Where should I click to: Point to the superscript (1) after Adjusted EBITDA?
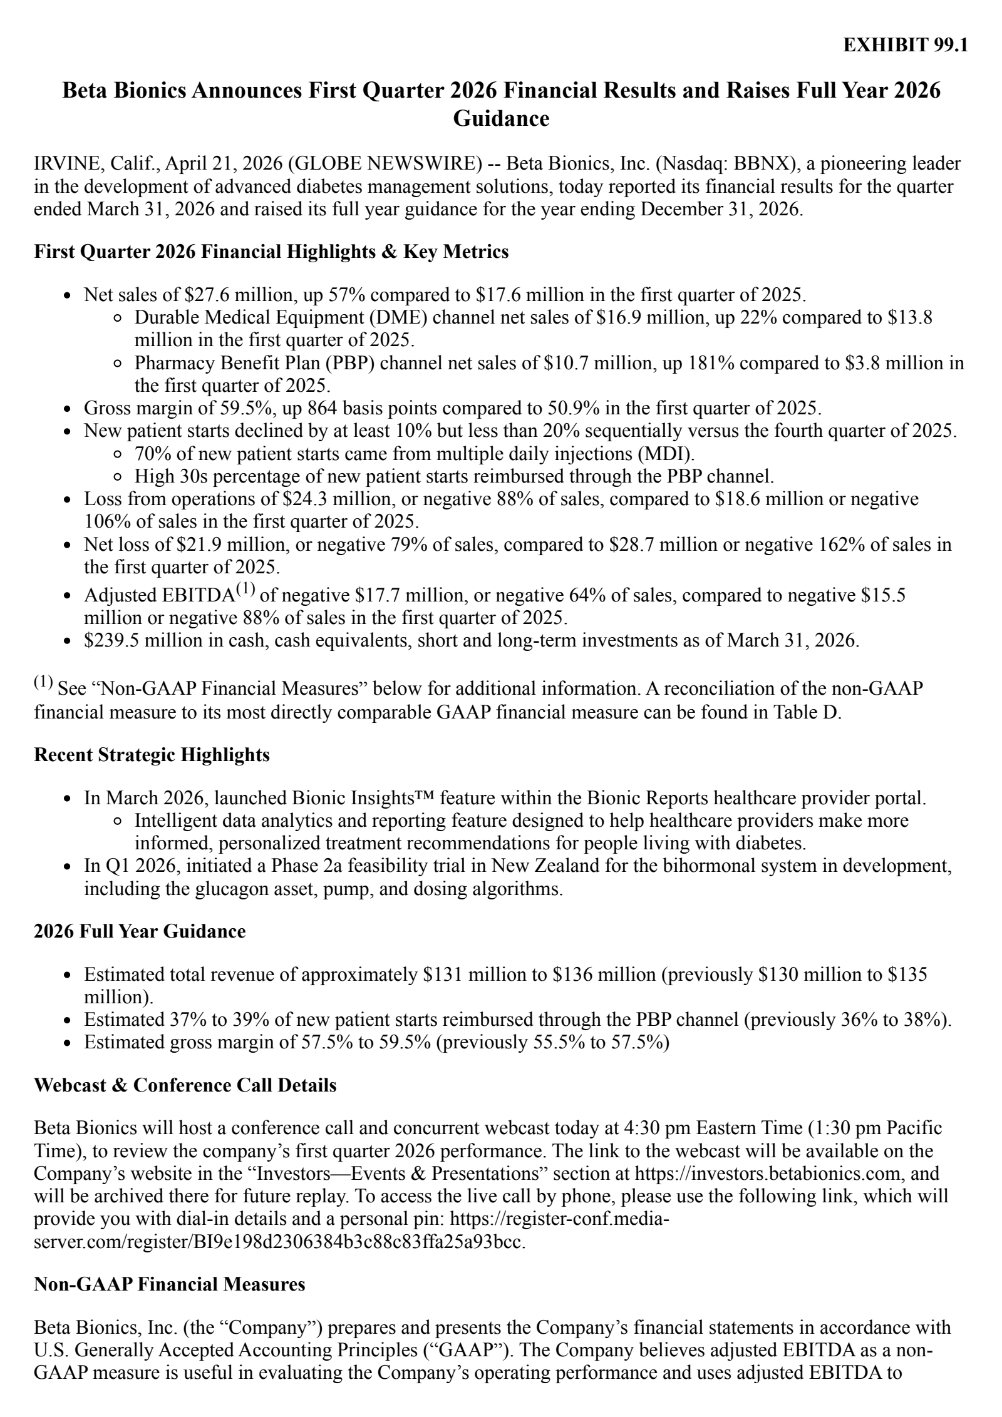pyautogui.click(x=245, y=589)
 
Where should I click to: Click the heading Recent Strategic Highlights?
pyautogui.click(x=152, y=755)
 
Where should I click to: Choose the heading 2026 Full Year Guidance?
pyautogui.click(x=140, y=931)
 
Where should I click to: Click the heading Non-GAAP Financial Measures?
pyautogui.click(x=169, y=1284)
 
